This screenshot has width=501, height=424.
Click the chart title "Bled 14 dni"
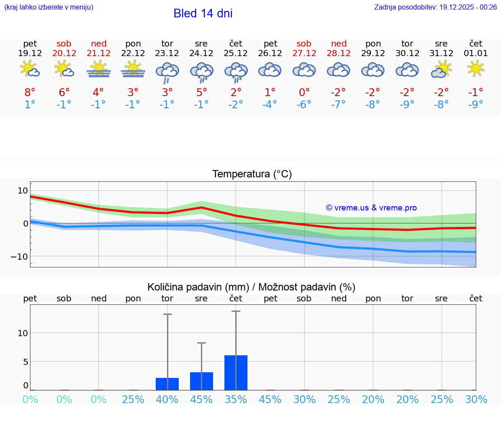(203, 13)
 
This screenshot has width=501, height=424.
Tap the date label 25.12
(236, 53)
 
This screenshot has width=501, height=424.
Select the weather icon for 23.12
(167, 72)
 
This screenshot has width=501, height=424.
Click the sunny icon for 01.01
(475, 68)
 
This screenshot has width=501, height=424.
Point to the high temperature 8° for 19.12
(30, 92)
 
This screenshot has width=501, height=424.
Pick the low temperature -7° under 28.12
(338, 104)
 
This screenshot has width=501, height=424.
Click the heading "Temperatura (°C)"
(252, 174)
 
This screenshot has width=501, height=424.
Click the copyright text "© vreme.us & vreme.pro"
(371, 208)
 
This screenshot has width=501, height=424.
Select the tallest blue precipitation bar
(236, 373)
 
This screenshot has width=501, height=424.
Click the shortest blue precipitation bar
(167, 384)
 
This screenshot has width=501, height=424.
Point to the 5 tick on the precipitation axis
(25, 362)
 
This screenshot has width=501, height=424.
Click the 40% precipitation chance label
(167, 399)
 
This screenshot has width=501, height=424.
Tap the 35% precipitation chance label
(236, 399)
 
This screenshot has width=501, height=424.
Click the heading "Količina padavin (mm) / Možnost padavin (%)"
(251, 287)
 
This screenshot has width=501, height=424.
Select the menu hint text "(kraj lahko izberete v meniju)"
(49, 7)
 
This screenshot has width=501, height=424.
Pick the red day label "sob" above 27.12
(304, 43)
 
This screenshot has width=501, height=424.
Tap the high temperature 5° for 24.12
(201, 92)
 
